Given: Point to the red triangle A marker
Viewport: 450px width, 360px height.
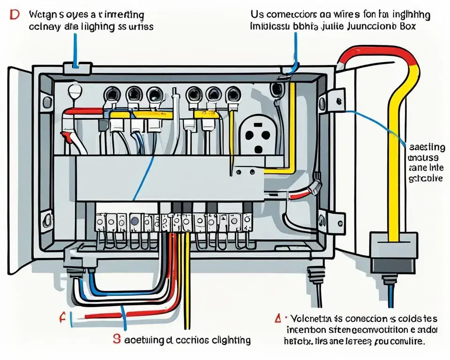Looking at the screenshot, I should pyautogui.click(x=277, y=319).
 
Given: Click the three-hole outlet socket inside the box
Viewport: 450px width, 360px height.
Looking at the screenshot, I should pyautogui.click(x=256, y=135).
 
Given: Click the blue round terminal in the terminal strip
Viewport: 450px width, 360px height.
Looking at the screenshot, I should pyautogui.click(x=135, y=220).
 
